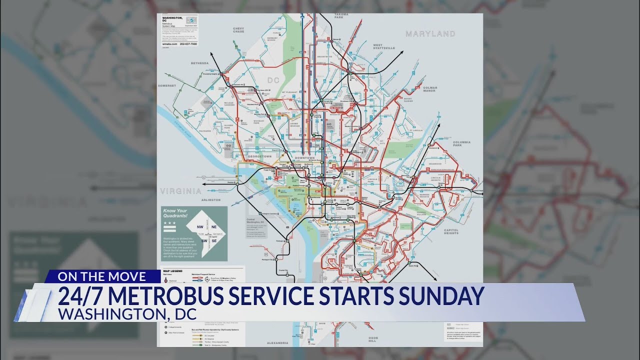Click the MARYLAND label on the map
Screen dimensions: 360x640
point(430,34)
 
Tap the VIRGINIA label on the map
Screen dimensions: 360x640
point(180,191)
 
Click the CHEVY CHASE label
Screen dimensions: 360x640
point(238,30)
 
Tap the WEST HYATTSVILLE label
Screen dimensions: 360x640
point(384,46)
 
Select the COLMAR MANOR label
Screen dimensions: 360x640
point(430,89)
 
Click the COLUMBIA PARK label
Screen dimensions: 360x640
point(461,143)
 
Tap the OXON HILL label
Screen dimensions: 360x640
point(372,339)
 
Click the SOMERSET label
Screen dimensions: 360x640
point(167,85)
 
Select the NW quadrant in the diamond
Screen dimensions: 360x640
point(200,226)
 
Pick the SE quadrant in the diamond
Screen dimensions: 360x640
point(213,240)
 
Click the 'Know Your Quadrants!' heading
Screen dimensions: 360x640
point(175,213)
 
